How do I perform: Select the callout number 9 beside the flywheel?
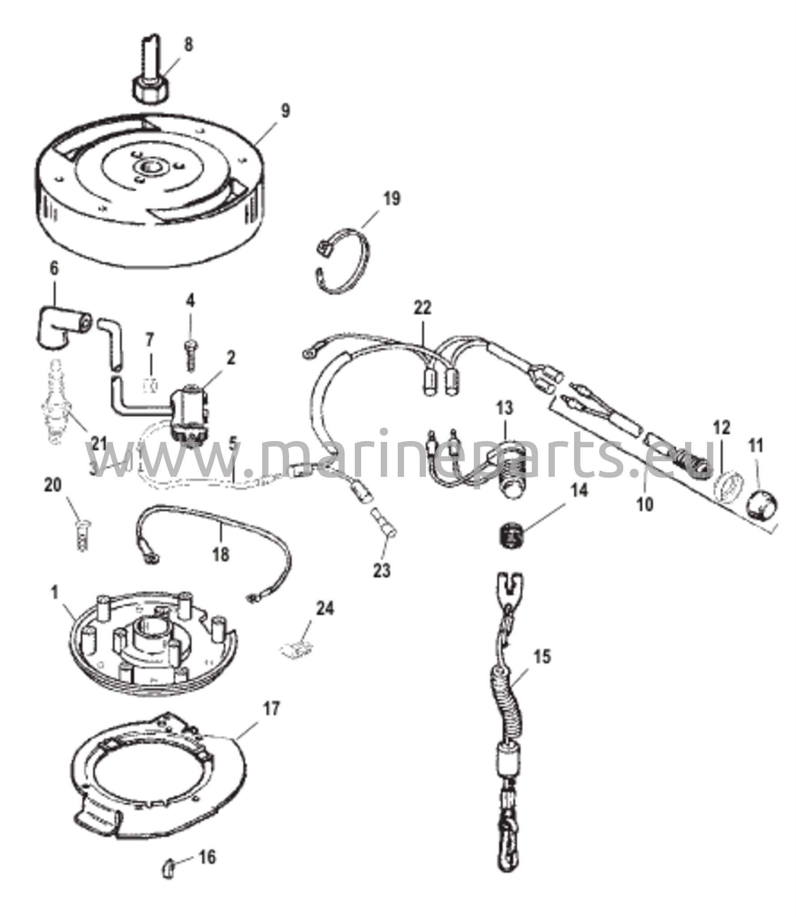[x=285, y=111]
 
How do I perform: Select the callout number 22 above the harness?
[x=422, y=308]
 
